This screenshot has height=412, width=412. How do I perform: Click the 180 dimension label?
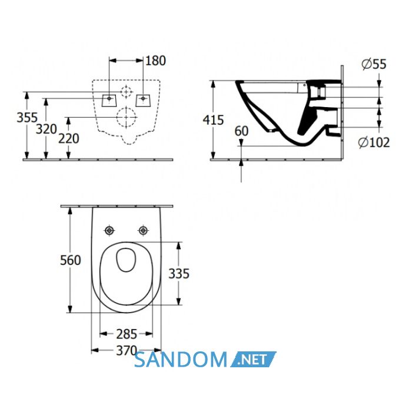click(155, 61)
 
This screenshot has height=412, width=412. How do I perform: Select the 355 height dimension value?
click(27, 118)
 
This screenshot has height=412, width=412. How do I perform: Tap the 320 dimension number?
click(46, 129)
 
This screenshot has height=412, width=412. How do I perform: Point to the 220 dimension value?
click(69, 138)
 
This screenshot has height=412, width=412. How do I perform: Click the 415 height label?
click(213, 120)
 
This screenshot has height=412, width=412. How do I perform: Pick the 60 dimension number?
click(241, 131)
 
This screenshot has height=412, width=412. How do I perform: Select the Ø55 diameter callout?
click(374, 64)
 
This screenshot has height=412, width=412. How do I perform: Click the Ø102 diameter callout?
click(374, 142)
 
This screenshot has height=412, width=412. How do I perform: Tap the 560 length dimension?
click(71, 260)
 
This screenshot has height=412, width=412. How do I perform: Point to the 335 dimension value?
click(179, 274)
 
